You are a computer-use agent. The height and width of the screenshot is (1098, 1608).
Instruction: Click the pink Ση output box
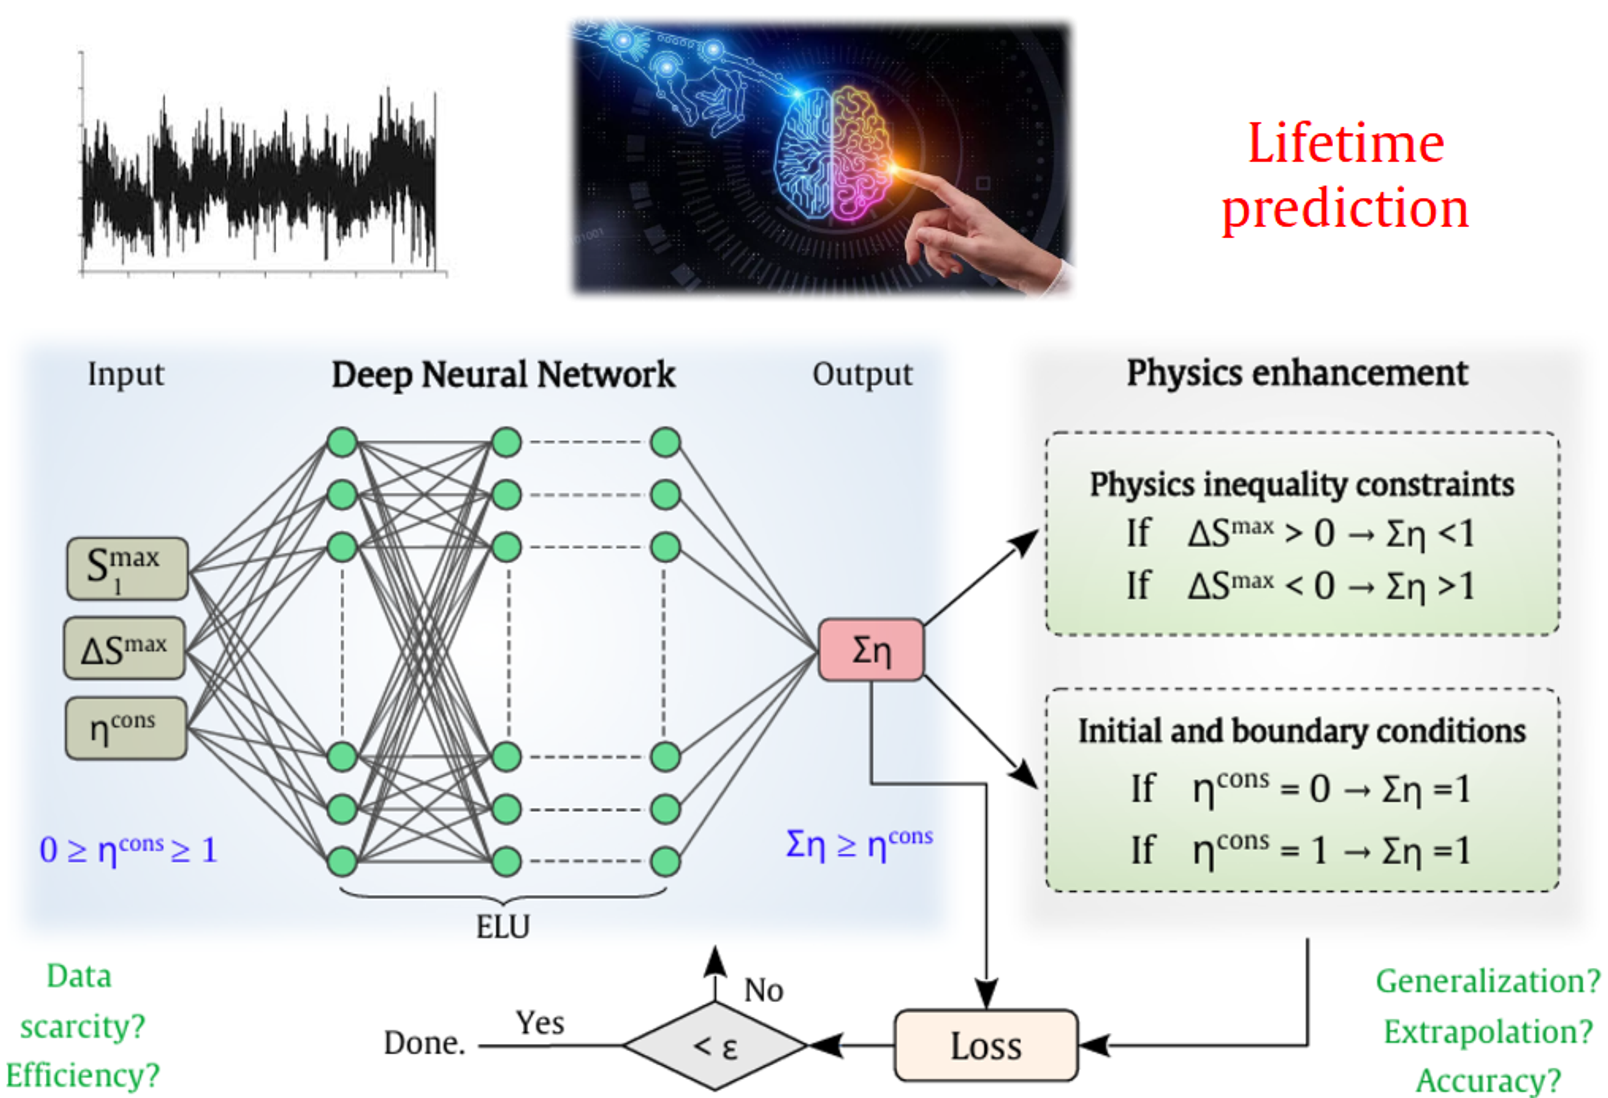pyautogui.click(x=871, y=650)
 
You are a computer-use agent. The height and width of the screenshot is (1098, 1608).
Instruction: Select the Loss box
pyautogui.click(x=986, y=1045)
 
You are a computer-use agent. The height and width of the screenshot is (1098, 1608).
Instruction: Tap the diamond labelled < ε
pyautogui.click(x=716, y=1045)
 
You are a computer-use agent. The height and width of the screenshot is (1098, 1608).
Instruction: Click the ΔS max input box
pyautogui.click(x=124, y=648)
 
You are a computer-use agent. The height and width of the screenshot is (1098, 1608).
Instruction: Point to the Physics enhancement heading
pyautogui.click(x=1297, y=374)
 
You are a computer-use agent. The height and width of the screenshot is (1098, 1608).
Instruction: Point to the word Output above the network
pyautogui.click(x=862, y=374)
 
